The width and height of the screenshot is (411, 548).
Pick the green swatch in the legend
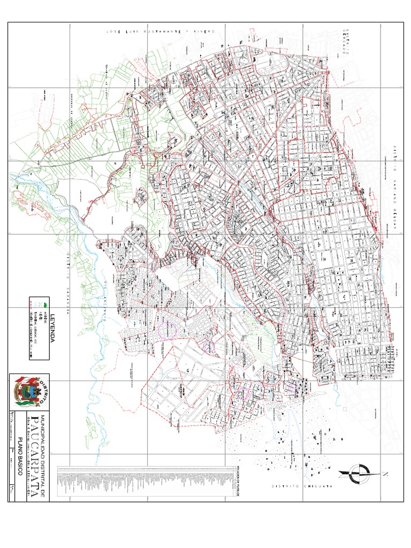(45, 304)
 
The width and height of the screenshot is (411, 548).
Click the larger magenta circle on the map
(169, 330)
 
